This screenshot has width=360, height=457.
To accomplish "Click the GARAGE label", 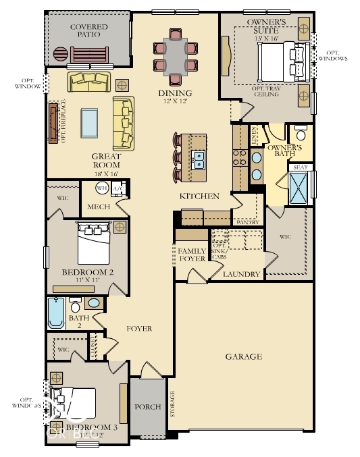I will (x=245, y=356).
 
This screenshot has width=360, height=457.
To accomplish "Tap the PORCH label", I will (x=147, y=407).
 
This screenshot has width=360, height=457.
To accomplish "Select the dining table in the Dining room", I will (x=177, y=56).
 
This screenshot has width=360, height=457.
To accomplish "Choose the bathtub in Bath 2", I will (x=56, y=312).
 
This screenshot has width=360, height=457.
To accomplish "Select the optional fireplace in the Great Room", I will (x=53, y=122).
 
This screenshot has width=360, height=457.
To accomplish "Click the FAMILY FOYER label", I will (x=191, y=255).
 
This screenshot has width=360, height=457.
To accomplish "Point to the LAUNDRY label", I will (x=242, y=275).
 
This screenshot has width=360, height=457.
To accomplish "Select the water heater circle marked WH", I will (x=103, y=188).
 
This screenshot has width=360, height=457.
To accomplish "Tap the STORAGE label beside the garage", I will (x=173, y=403).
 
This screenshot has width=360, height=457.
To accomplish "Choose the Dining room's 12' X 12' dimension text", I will (x=175, y=102).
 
